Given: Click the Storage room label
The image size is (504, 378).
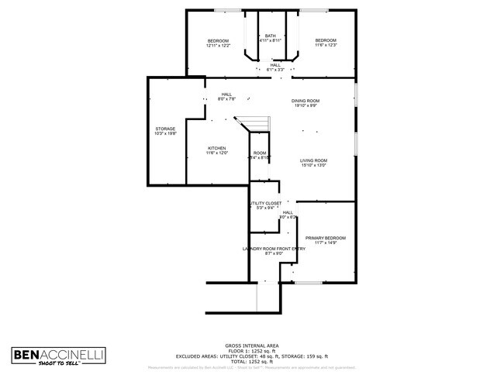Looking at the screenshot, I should (165, 129).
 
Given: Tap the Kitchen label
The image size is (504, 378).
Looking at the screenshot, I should (216, 149).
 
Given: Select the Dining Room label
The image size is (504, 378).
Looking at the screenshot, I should (306, 101).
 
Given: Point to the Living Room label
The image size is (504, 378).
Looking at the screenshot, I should (313, 160).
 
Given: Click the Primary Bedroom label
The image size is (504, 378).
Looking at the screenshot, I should (325, 238).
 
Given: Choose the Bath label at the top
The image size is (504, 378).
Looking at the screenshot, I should (270, 36).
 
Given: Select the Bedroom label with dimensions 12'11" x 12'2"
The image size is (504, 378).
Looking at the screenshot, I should (218, 40).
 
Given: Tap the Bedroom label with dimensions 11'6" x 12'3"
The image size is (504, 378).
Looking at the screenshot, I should (326, 40).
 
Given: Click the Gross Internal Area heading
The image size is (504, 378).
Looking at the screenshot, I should (252, 345).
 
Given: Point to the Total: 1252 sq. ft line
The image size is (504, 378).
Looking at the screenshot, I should (252, 361).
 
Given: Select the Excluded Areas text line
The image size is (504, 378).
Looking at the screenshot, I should (252, 356).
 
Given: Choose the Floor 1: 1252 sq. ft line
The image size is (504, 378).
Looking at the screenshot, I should (252, 350).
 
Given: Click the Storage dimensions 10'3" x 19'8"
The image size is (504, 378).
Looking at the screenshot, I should (165, 134).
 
